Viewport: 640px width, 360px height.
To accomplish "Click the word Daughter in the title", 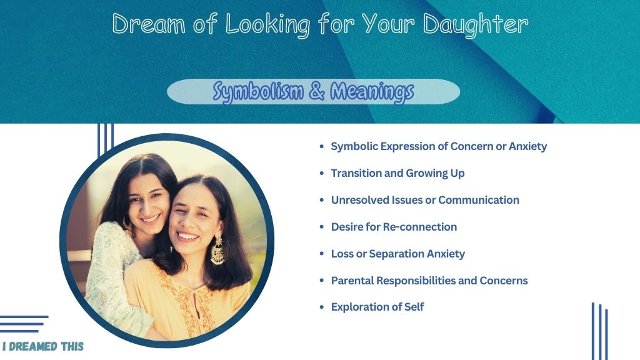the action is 476,25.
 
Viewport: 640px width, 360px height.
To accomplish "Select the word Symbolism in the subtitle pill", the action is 258,91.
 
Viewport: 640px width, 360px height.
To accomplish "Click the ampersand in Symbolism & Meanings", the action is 317,91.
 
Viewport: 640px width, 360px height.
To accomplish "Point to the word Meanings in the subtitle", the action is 372,91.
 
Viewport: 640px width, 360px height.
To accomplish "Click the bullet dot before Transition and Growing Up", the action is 322,174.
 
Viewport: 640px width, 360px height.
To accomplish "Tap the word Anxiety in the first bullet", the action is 527,146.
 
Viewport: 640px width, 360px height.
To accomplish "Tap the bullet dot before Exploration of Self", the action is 322,307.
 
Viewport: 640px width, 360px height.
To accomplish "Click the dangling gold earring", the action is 217,250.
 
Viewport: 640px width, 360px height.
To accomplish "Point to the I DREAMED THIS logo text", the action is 43,346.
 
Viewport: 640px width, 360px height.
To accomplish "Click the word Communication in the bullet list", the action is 478,200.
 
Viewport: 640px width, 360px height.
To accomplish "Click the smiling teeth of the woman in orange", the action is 187,236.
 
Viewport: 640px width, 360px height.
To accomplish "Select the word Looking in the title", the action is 267,25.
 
